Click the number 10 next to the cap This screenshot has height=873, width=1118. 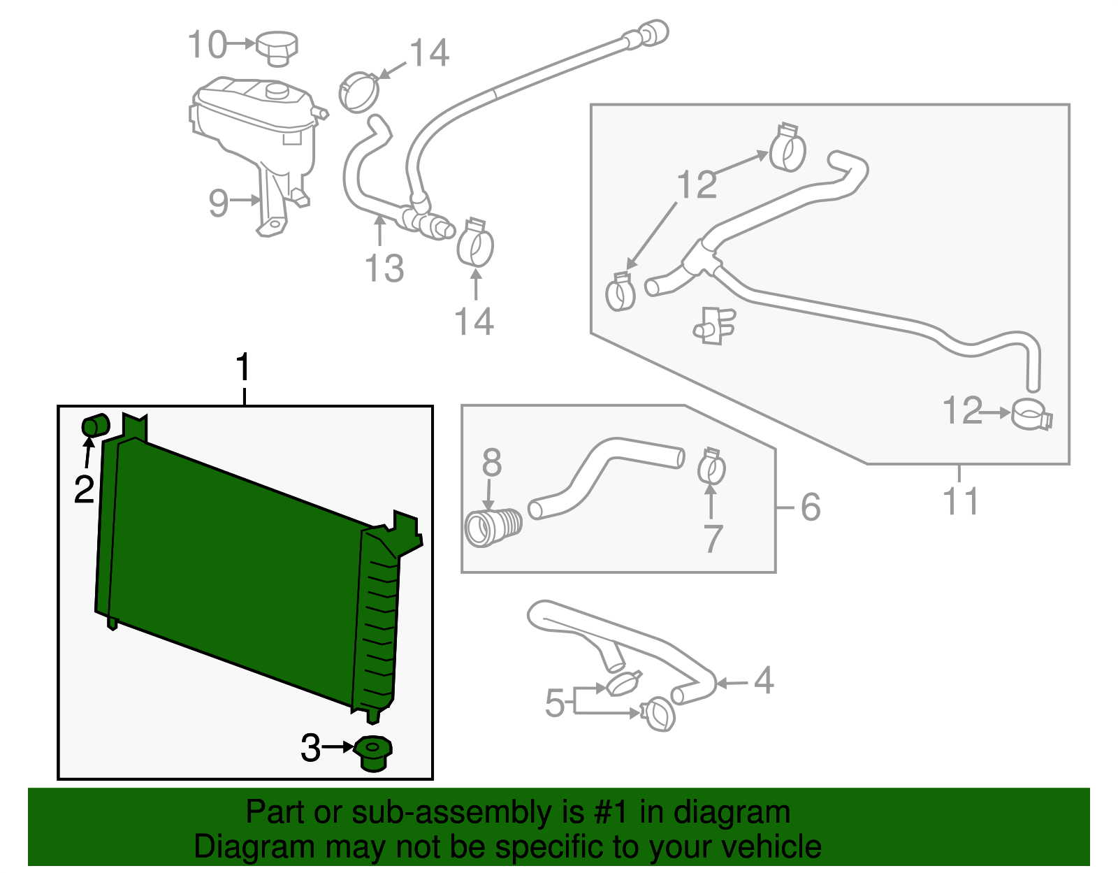[207, 45]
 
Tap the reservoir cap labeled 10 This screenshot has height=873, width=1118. [277, 47]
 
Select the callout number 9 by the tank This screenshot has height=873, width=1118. [219, 203]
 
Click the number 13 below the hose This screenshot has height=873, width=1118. [384, 268]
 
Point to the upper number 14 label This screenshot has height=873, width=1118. [429, 53]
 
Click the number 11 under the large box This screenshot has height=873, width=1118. [961, 501]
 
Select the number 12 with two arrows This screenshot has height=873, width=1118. [697, 185]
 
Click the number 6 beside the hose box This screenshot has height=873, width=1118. [811, 507]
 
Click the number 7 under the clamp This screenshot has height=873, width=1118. [712, 538]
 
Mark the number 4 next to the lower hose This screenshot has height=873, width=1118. [764, 680]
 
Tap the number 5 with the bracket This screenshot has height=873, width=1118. [555, 702]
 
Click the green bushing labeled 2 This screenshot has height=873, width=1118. [96, 425]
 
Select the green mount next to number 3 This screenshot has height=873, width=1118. [373, 753]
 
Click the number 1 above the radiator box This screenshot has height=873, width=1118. [242, 368]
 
